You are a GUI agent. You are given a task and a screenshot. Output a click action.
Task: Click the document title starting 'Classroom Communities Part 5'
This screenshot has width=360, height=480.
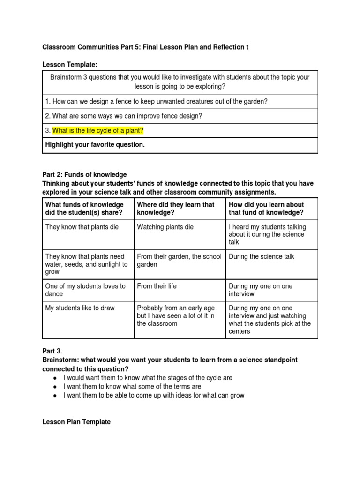click(x=145, y=47)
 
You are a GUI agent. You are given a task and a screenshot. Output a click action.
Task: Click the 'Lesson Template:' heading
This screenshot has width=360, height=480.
click(x=70, y=64)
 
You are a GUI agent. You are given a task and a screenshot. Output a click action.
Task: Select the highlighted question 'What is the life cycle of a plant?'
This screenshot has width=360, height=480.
click(x=97, y=130)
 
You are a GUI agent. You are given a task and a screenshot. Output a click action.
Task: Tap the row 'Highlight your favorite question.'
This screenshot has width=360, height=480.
click(x=95, y=145)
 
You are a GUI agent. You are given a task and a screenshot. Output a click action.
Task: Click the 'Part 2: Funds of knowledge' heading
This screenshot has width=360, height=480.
click(x=84, y=175)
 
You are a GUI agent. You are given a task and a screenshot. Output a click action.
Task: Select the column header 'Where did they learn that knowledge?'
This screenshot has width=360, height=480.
click(x=175, y=209)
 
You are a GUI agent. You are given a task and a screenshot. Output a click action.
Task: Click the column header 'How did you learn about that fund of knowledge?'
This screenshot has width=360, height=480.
click(x=266, y=209)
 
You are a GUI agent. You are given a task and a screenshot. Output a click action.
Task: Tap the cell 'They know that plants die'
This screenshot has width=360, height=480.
click(x=82, y=227)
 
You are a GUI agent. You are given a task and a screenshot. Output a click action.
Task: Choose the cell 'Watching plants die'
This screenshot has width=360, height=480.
click(x=165, y=227)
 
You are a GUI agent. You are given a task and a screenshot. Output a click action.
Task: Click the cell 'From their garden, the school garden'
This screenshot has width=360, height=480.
click(x=179, y=261)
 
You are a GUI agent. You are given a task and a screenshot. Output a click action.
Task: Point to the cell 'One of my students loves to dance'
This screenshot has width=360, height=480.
click(x=85, y=290)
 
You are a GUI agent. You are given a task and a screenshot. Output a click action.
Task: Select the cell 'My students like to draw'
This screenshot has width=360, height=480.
click(x=80, y=308)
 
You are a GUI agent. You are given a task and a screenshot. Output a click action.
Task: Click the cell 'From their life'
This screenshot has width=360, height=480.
click(x=157, y=286)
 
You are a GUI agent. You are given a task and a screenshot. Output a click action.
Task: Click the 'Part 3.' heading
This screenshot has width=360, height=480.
click(x=52, y=351)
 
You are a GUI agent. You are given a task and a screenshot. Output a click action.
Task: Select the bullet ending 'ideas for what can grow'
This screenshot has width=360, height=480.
click(x=154, y=395)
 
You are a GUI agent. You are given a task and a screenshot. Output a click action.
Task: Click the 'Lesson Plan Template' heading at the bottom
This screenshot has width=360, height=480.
click(x=76, y=422)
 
